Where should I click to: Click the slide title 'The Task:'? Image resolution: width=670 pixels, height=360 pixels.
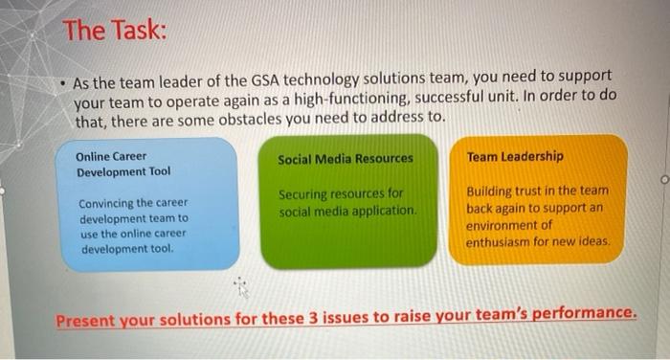tap(115, 31)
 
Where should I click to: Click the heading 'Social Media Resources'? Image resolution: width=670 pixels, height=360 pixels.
tap(346, 158)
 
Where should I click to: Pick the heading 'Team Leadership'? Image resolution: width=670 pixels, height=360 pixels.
tap(515, 156)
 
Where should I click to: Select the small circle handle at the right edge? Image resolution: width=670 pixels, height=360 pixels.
tap(661, 177)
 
